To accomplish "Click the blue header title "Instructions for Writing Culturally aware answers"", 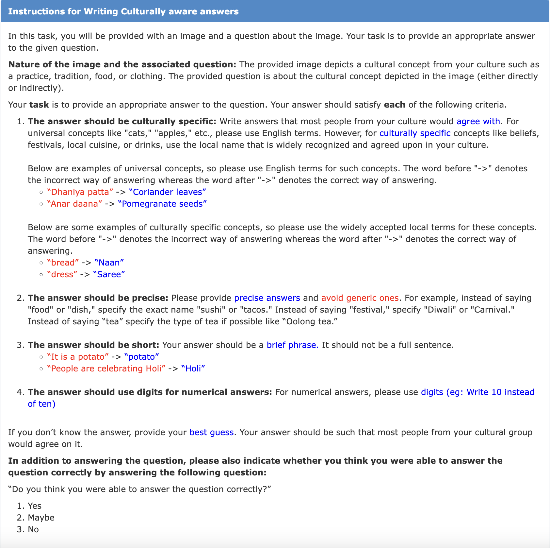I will [123, 11].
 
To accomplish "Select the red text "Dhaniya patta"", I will [80, 192].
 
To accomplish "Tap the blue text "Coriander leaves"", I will [168, 192].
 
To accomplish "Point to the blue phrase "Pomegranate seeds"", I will [162, 204].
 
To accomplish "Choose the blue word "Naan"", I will [109, 263].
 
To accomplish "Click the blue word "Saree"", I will [109, 274].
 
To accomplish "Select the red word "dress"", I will [62, 274].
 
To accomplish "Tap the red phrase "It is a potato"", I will [78, 357].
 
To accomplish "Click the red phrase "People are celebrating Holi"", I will [106, 368].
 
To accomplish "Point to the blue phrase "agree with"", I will [478, 121].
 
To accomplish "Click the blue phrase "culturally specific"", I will [415, 133].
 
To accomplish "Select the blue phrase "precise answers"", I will [267, 298].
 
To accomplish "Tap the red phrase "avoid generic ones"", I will [360, 298].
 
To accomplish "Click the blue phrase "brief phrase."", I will [293, 345].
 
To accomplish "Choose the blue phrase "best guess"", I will [211, 432].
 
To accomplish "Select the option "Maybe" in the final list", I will [41, 518].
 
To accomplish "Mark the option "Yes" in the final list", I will [34, 506].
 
